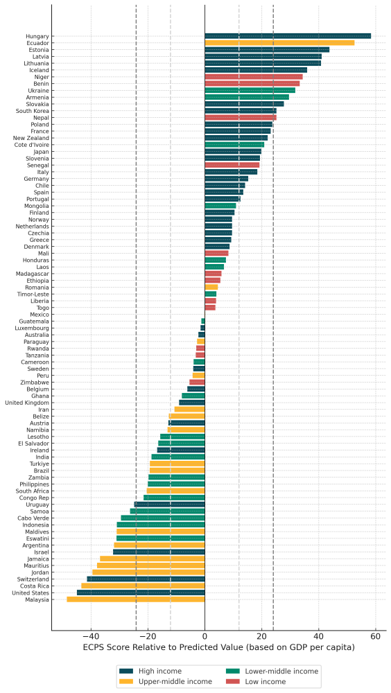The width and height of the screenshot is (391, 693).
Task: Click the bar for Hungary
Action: [x=288, y=36]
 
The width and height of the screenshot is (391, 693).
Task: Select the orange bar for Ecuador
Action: [x=279, y=43]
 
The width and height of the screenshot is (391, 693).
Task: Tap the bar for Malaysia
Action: [x=136, y=599]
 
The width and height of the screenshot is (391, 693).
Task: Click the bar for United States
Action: [x=141, y=593]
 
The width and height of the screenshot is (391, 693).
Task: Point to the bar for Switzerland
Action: [x=146, y=579]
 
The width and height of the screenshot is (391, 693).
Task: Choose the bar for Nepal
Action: [x=241, y=117]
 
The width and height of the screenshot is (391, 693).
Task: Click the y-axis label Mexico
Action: [x=38, y=315]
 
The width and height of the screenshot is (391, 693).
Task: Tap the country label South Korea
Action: [x=33, y=111]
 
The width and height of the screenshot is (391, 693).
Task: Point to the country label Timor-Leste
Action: [x=33, y=294]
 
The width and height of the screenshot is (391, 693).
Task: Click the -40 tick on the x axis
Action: [x=91, y=637]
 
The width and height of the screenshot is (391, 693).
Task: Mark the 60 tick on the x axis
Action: [x=376, y=637]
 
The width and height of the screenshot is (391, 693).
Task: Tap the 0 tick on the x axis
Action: [x=205, y=637]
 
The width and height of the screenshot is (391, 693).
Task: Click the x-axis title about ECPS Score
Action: [x=218, y=647]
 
